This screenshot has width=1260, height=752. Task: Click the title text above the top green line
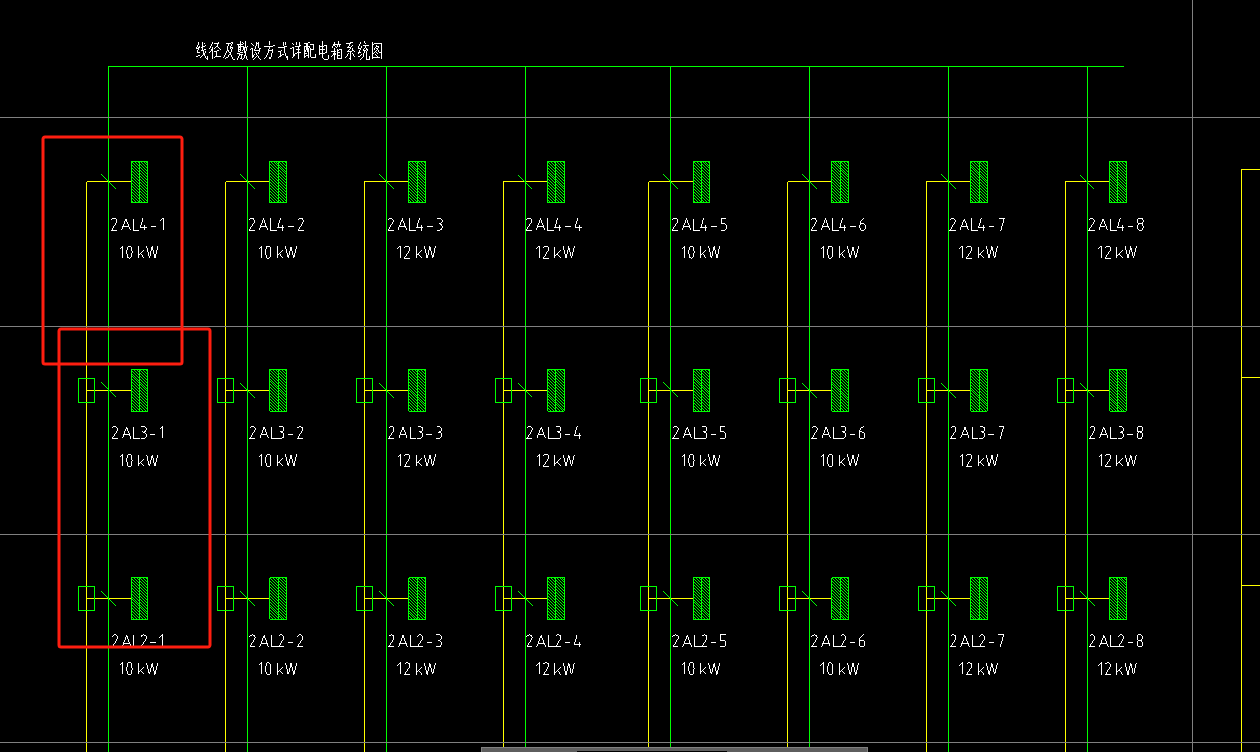[x=289, y=51]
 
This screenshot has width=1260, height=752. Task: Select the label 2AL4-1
[x=138, y=225]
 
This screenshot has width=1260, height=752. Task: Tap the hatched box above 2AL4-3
[x=417, y=182]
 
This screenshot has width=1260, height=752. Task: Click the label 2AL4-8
[x=1116, y=225]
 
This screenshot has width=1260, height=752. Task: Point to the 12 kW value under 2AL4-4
[x=555, y=253]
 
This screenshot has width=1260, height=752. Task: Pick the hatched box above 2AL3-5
[x=702, y=390]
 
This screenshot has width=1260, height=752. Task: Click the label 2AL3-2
[x=277, y=433]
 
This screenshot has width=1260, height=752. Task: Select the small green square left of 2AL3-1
[x=86, y=390]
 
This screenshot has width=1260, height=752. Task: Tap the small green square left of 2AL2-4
[x=504, y=598]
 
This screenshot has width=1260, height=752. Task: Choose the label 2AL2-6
[x=838, y=641]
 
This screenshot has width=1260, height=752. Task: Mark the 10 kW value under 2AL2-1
[x=138, y=669]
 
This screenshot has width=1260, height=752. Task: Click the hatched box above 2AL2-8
[x=1118, y=598]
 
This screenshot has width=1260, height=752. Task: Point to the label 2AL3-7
[x=977, y=433]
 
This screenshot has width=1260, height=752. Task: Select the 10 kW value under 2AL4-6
[x=840, y=253]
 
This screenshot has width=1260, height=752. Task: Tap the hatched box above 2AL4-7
[x=979, y=182]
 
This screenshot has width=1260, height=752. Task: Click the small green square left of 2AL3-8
[x=1065, y=390]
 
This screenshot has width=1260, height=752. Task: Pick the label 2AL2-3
[x=416, y=641]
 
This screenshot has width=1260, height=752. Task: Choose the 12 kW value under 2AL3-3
[x=416, y=461]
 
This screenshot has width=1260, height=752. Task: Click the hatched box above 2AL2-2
[x=278, y=598]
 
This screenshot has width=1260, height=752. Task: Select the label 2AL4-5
[x=700, y=225]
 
